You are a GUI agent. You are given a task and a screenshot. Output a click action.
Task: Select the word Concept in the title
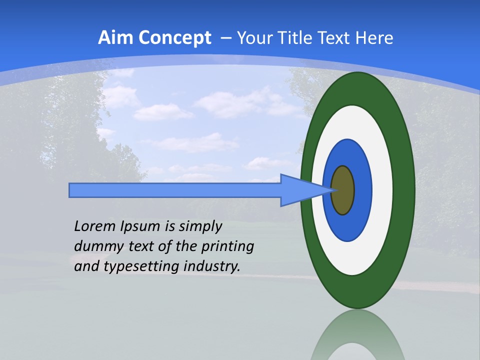coord(175,38)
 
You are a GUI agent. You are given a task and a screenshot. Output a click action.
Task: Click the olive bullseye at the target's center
coord(343,190)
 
